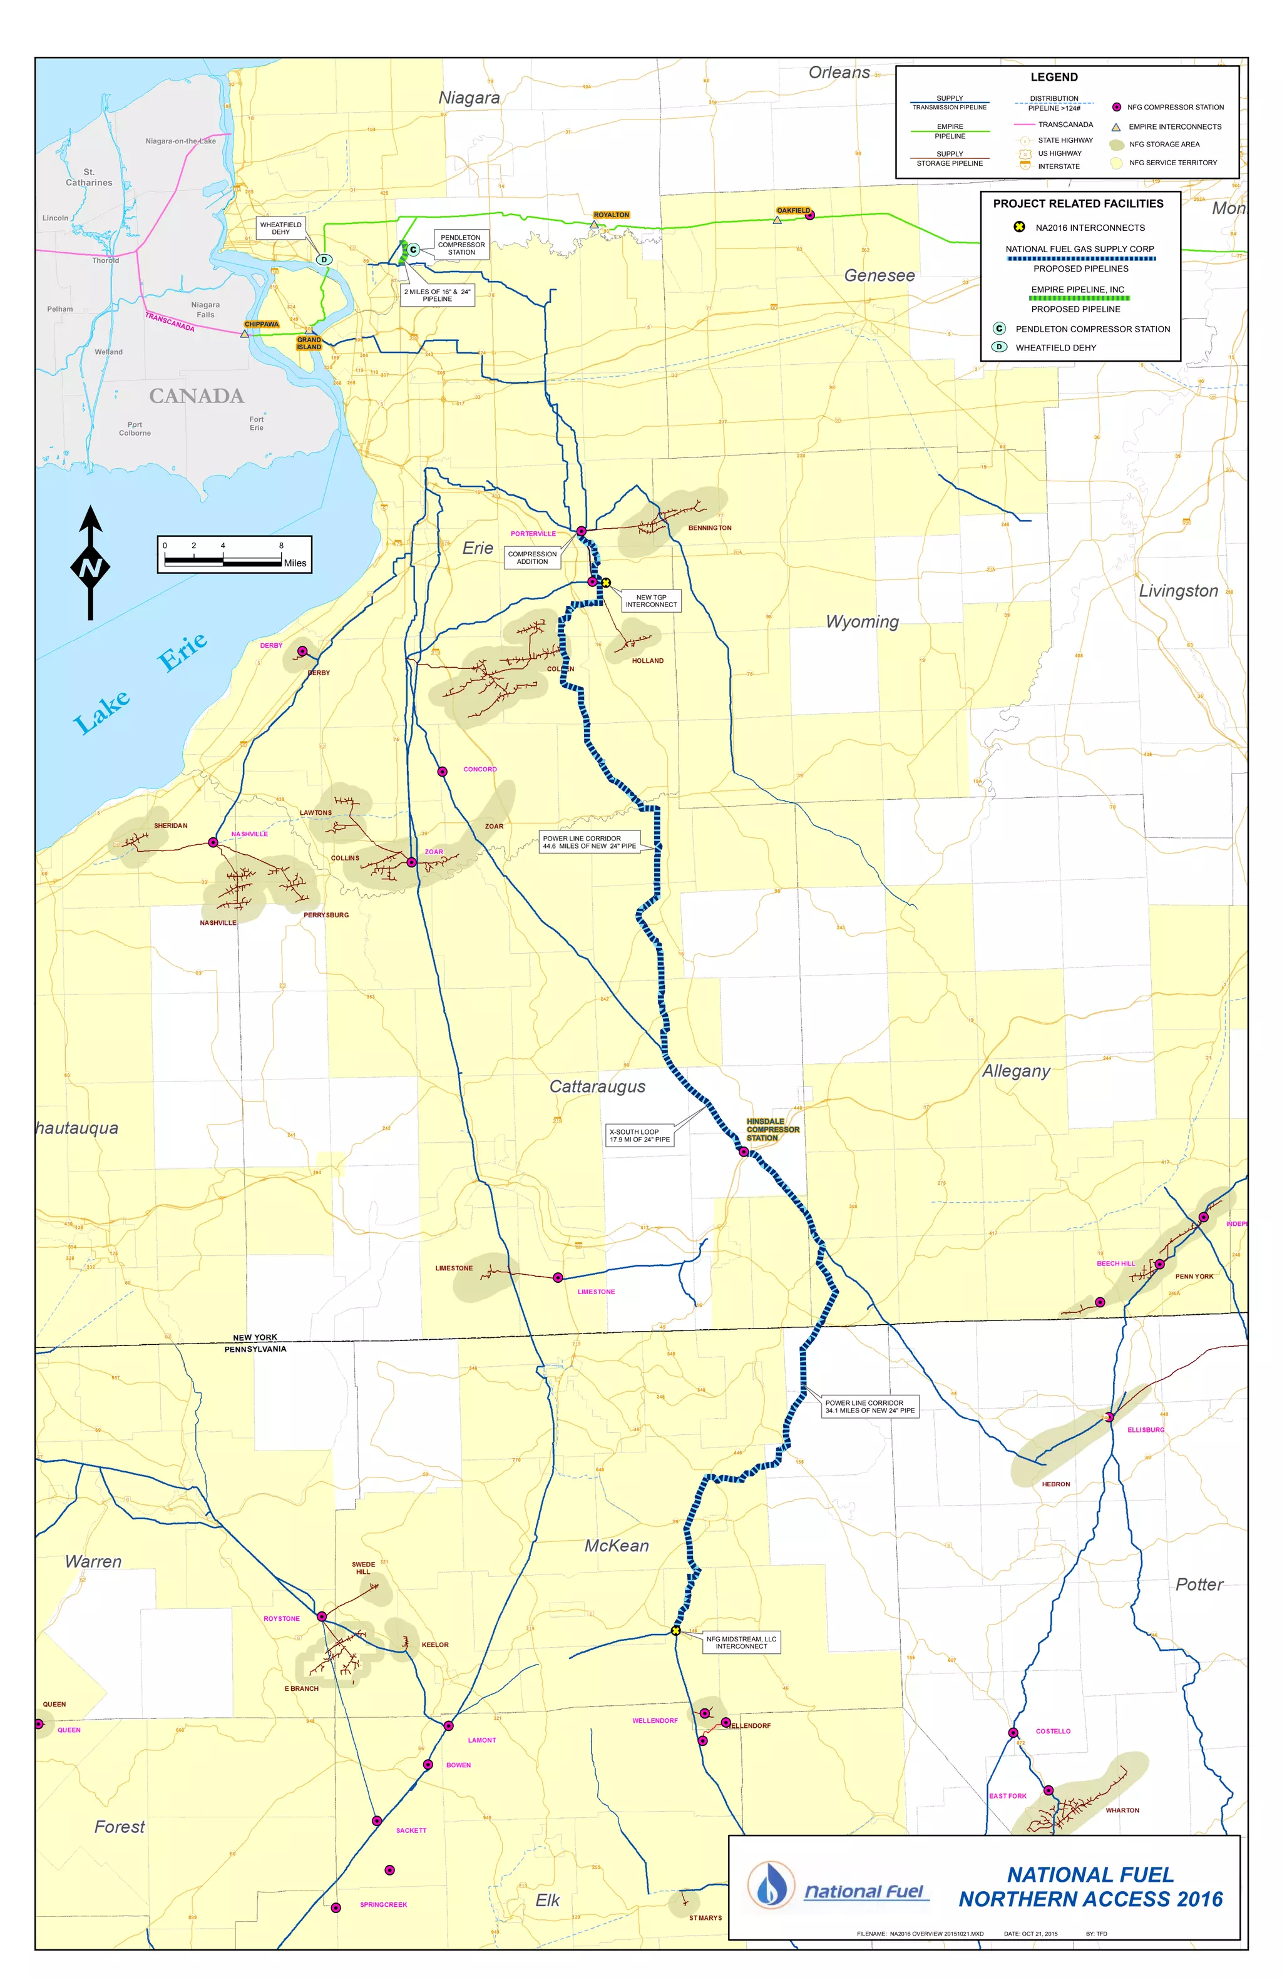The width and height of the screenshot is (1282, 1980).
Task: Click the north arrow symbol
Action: pyautogui.click(x=91, y=563)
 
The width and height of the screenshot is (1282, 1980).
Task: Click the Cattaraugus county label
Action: pyautogui.click(x=597, y=1086)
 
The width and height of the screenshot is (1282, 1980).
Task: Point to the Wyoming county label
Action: pyautogui.click(x=862, y=621)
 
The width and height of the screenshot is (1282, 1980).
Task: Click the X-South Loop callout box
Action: pyautogui.click(x=639, y=1136)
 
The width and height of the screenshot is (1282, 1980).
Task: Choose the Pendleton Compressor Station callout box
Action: pyautogui.click(x=461, y=245)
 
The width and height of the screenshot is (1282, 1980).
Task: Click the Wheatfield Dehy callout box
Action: pyautogui.click(x=280, y=228)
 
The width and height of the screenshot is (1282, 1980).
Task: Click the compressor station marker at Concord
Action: pyautogui.click(x=443, y=771)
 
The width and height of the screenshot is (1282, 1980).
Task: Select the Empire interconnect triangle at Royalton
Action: pyautogui.click(x=594, y=225)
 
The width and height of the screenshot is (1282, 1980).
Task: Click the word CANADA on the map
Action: pyautogui.click(x=197, y=396)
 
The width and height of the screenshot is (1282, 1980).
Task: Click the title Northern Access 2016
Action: pyautogui.click(x=1090, y=1899)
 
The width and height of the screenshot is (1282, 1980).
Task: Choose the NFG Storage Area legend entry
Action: pyautogui.click(x=1163, y=144)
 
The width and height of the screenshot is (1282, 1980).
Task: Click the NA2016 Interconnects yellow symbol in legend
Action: pyautogui.click(x=1018, y=227)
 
